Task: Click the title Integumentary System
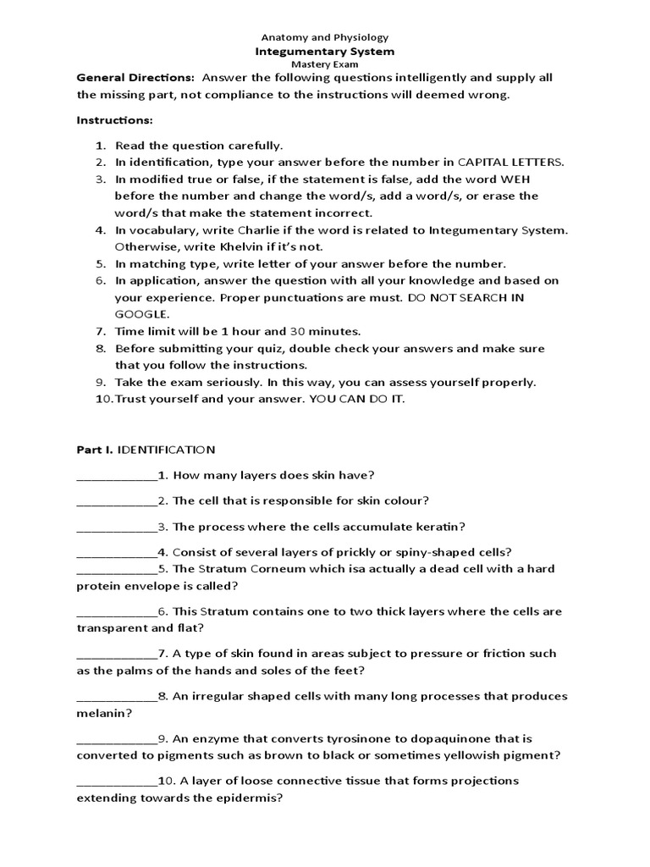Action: (x=325, y=51)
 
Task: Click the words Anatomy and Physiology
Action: (x=325, y=37)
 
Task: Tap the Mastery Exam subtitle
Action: (x=325, y=64)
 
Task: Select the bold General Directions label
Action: (x=135, y=78)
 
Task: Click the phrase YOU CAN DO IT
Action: (x=358, y=399)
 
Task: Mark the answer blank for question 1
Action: (x=117, y=476)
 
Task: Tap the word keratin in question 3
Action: (x=440, y=526)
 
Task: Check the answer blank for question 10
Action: (x=117, y=781)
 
